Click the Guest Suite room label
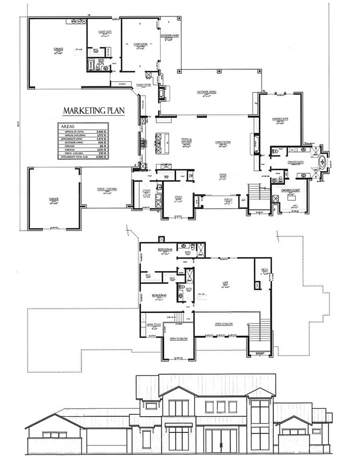pos(103,32)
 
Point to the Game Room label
pos(140,44)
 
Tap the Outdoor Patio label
pos(170,36)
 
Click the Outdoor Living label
pos(207,91)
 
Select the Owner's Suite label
pos(281,119)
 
